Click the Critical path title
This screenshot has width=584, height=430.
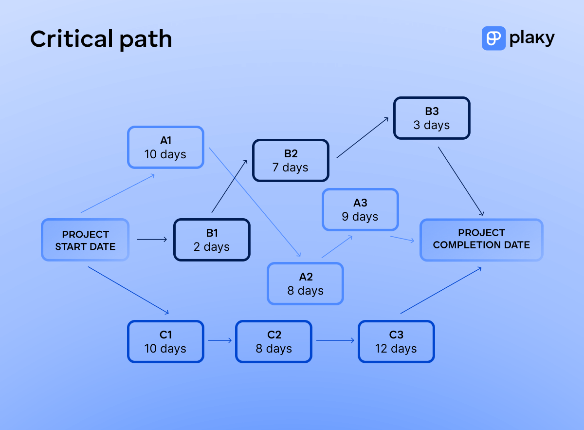pyautogui.click(x=101, y=39)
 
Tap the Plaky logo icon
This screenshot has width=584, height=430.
pyautogui.click(x=493, y=38)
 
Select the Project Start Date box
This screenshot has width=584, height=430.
pyautogui.click(x=85, y=240)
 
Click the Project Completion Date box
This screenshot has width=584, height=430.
pyautogui.click(x=481, y=239)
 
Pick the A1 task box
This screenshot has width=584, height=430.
pyautogui.click(x=165, y=148)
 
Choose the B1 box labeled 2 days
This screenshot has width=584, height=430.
pyautogui.click(x=212, y=240)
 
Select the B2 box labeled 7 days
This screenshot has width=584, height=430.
pyautogui.click(x=291, y=161)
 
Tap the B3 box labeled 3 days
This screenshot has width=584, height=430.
pyautogui.click(x=432, y=118)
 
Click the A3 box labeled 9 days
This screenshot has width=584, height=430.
pyautogui.click(x=360, y=210)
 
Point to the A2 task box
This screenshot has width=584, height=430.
pyautogui.click(x=305, y=283)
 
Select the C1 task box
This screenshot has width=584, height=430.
pyautogui.click(x=165, y=341)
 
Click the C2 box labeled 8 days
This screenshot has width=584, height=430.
pyautogui.click(x=274, y=341)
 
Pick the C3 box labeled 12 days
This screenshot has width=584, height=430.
pyautogui.click(x=396, y=341)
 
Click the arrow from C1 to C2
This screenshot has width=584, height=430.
pyautogui.click(x=220, y=341)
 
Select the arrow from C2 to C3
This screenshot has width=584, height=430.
pyautogui.click(x=335, y=341)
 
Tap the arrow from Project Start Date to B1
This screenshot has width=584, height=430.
pyautogui.click(x=152, y=239)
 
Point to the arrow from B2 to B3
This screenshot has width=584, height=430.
pyautogui.click(x=363, y=137)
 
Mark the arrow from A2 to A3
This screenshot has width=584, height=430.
pyautogui.click(x=337, y=247)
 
